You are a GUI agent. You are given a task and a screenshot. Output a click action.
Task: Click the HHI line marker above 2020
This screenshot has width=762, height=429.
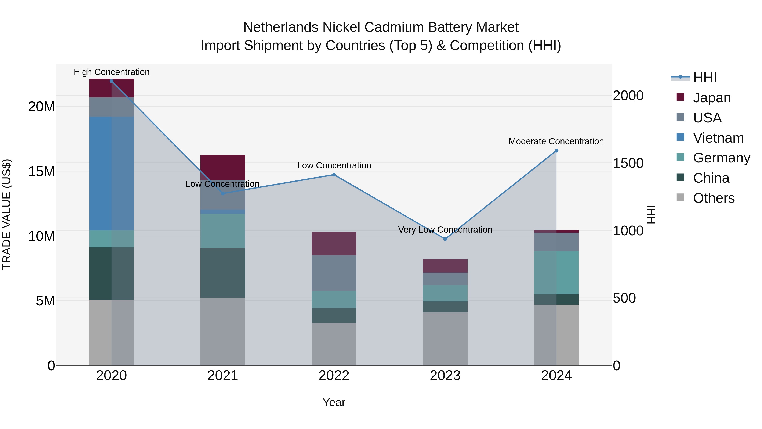(112, 81)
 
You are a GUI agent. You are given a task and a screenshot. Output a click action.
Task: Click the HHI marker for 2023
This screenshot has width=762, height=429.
(445, 239)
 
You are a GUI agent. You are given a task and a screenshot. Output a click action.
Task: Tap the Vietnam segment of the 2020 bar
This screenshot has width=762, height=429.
(112, 173)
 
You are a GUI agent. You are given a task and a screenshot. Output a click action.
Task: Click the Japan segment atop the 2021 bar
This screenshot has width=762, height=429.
(223, 167)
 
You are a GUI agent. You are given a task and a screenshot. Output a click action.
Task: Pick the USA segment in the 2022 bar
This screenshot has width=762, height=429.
(334, 273)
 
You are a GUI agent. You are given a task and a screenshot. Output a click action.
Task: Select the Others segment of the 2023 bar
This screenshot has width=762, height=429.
(445, 339)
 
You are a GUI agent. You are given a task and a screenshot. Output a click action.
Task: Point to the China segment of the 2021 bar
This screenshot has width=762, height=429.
(223, 273)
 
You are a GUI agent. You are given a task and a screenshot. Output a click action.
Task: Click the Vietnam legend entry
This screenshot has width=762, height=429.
(718, 138)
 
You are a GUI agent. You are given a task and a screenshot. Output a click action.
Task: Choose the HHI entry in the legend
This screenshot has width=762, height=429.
(705, 78)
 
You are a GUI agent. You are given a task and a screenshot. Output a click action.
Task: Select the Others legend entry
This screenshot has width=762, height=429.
(714, 198)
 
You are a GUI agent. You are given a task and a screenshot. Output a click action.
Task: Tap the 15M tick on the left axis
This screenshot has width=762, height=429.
(41, 171)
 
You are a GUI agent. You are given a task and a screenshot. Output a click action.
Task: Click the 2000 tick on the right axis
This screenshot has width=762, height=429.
(628, 96)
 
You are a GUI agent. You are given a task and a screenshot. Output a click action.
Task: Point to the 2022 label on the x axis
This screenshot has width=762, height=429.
(334, 376)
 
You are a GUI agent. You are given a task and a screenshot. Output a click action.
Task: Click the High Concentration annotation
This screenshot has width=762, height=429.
(112, 72)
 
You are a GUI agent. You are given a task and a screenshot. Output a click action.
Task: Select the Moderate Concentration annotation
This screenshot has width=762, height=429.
(556, 141)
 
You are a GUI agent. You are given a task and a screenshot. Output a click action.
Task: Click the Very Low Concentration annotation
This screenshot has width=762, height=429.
(445, 229)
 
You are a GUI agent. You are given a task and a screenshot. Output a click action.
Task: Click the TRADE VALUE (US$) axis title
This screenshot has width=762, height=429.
(7, 214)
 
